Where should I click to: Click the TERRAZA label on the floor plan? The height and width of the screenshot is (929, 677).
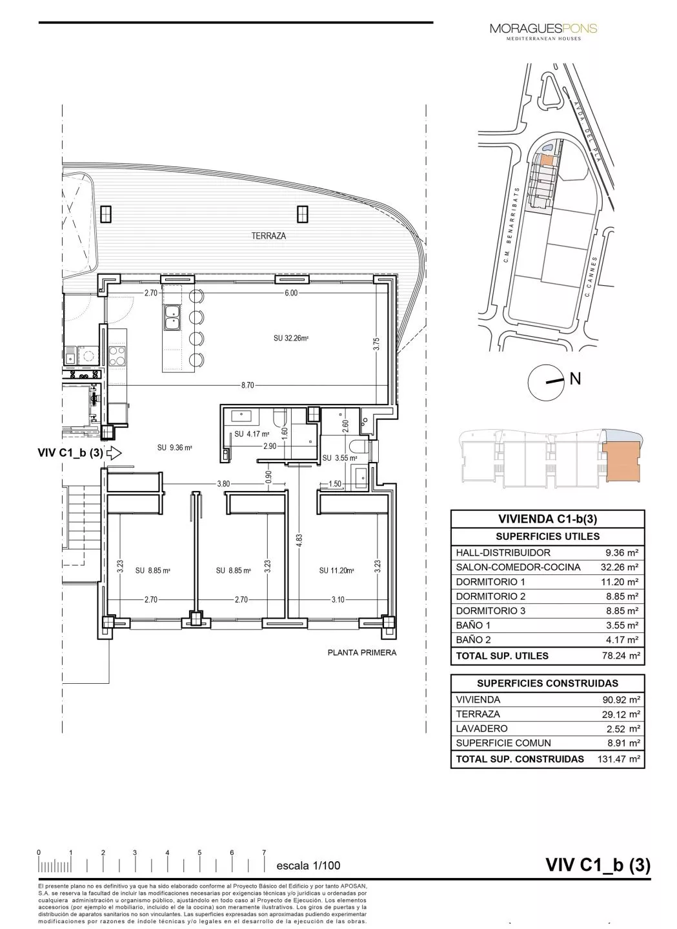268,236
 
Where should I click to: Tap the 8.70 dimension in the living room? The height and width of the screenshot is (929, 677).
247,385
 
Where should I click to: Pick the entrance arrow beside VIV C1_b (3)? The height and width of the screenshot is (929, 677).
114,453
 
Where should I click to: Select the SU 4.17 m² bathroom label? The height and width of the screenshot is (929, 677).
252,434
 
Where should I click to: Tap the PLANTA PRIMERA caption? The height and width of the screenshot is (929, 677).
362,652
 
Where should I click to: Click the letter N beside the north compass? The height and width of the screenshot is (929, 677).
575,379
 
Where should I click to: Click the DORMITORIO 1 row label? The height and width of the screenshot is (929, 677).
490,582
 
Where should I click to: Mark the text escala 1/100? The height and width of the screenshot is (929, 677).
308,866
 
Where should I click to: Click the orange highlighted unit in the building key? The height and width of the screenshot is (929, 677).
620,457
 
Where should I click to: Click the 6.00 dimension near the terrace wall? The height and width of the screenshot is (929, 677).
291,294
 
